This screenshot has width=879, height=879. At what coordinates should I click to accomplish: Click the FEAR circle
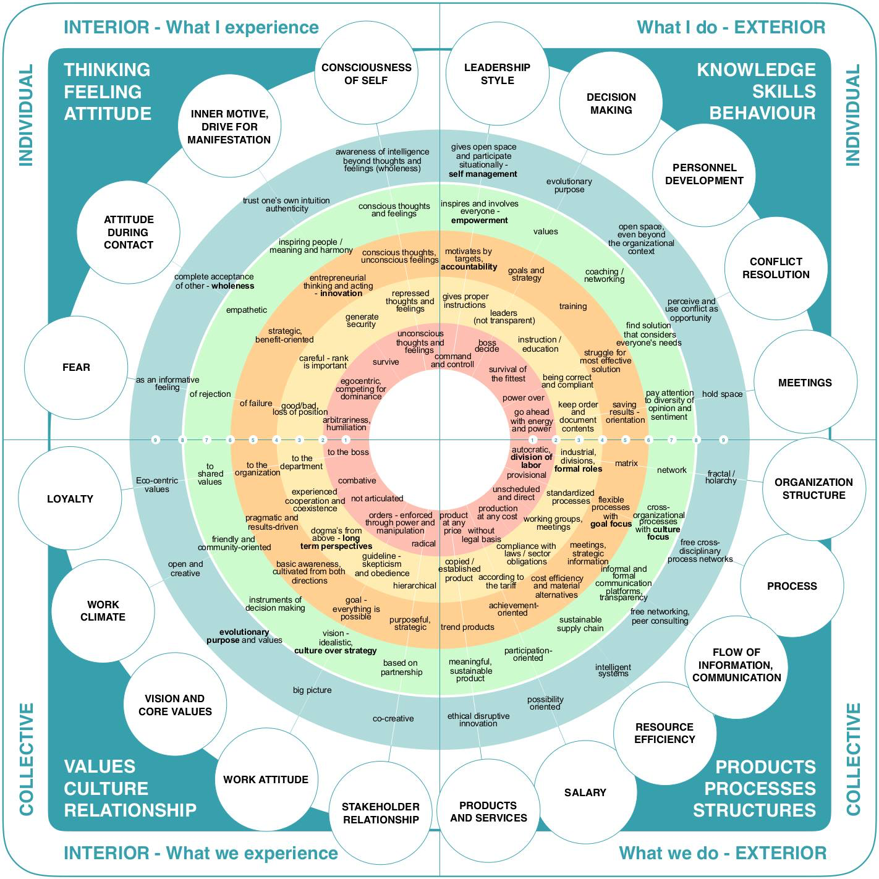[x=76, y=367]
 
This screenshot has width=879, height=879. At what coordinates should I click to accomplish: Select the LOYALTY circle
[x=70, y=499]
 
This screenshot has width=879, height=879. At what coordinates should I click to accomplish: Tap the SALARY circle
[x=585, y=792]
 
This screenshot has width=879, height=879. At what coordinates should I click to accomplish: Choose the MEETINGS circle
[x=805, y=383]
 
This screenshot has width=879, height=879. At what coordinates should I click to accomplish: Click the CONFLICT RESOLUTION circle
[x=776, y=268]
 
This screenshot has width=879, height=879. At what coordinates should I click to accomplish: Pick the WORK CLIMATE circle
[x=103, y=611]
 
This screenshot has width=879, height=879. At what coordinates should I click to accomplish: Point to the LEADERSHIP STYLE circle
[x=497, y=74]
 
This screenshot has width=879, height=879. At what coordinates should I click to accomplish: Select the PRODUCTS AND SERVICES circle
[x=488, y=812]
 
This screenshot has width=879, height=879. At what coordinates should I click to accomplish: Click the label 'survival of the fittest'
[x=507, y=374]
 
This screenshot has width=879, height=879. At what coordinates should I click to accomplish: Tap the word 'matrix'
[x=626, y=463]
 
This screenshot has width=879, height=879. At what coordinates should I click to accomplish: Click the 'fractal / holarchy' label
[x=721, y=477]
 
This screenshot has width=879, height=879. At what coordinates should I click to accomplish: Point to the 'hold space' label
[x=722, y=394]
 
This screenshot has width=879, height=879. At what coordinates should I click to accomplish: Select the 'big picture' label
[x=312, y=690]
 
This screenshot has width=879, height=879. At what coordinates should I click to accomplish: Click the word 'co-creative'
[x=393, y=718]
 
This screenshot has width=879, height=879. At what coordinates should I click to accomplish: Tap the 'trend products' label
[x=467, y=627]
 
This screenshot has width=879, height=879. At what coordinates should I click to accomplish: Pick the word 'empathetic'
[x=247, y=310]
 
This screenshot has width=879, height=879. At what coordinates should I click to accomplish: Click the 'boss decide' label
[x=487, y=346]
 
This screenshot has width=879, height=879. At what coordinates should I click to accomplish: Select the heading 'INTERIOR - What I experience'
[x=191, y=27]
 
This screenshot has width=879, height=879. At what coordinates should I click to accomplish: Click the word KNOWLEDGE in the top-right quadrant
[x=756, y=70]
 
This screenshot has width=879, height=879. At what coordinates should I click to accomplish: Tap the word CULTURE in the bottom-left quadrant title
[x=106, y=789]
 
